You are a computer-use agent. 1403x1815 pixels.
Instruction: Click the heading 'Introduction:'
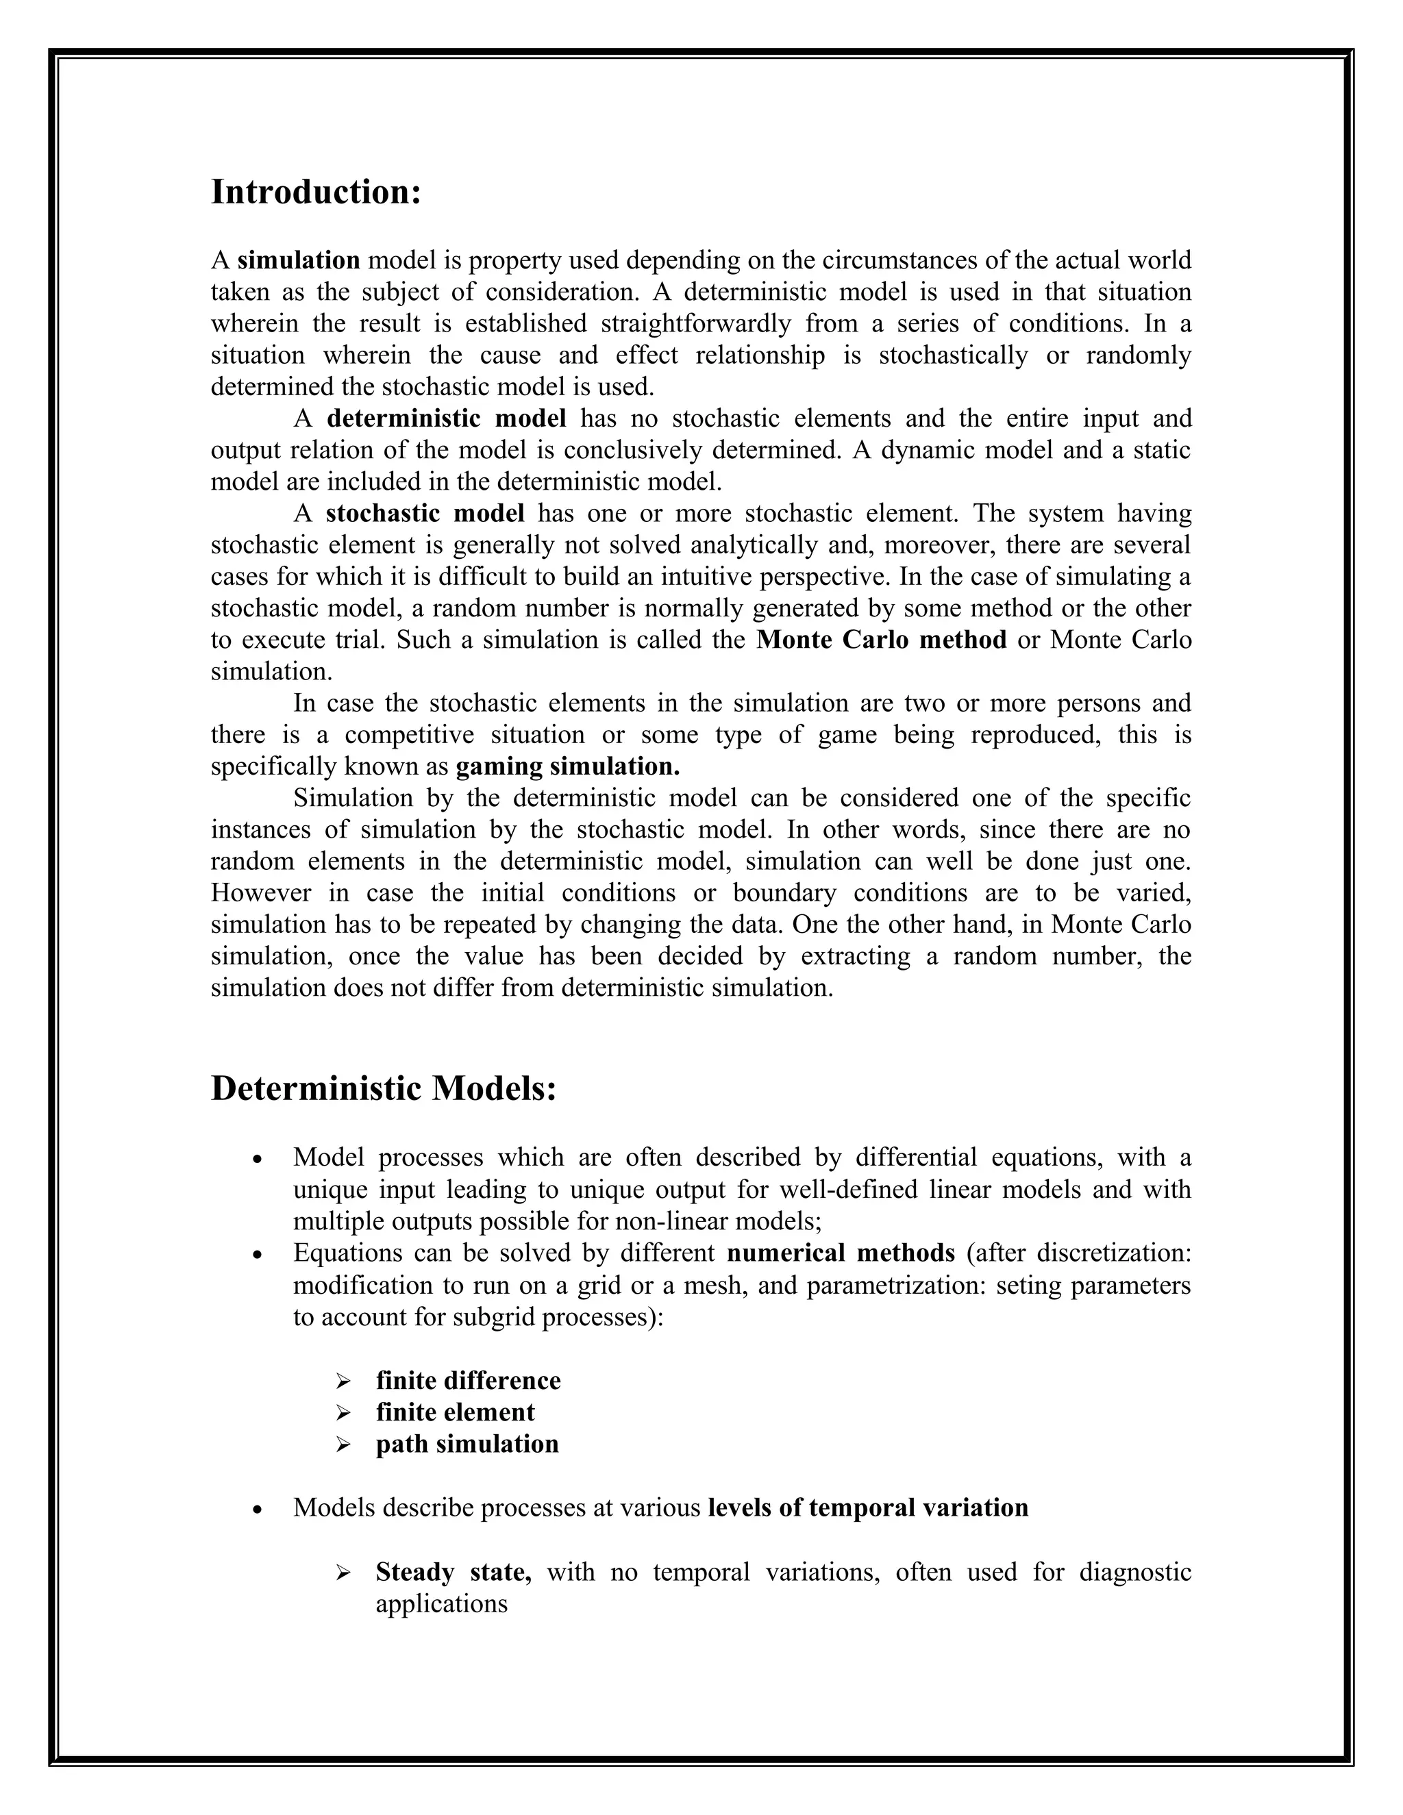pyautogui.click(x=316, y=192)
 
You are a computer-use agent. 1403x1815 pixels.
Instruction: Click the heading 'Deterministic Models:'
pyautogui.click(x=383, y=1089)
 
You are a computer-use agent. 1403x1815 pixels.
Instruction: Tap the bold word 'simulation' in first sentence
pyautogui.click(x=299, y=260)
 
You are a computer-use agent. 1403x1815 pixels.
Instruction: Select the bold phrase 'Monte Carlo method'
pyautogui.click(x=881, y=640)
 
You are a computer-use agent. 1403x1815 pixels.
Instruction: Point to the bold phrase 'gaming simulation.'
pyautogui.click(x=568, y=766)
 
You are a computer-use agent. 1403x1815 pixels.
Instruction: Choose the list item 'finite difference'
pyautogui.click(x=468, y=1380)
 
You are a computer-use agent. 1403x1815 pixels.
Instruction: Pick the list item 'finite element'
pyautogui.click(x=455, y=1412)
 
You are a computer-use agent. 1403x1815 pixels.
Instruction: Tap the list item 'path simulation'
pyautogui.click(x=467, y=1444)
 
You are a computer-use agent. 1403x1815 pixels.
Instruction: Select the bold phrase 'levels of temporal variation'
pyautogui.click(x=868, y=1507)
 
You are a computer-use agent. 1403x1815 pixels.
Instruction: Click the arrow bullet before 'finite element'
pyautogui.click(x=343, y=1413)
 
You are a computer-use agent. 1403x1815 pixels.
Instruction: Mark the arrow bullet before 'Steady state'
pyautogui.click(x=343, y=1573)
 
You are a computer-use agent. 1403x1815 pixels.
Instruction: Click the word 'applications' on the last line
pyautogui.click(x=441, y=1603)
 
